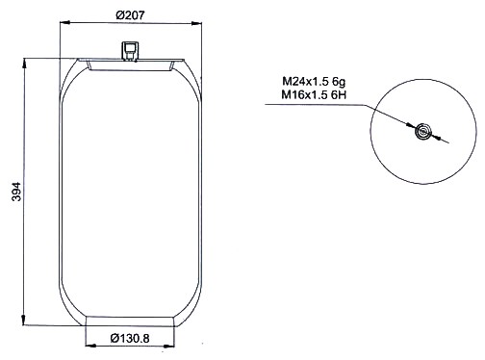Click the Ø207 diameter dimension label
130,15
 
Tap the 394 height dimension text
16,192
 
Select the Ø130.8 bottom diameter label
130,338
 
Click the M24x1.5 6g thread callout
314,82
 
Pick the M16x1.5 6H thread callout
314,95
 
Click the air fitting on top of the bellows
130,51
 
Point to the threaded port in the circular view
422,131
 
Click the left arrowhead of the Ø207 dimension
65,22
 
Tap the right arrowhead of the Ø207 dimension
196,23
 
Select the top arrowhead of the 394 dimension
24,64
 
